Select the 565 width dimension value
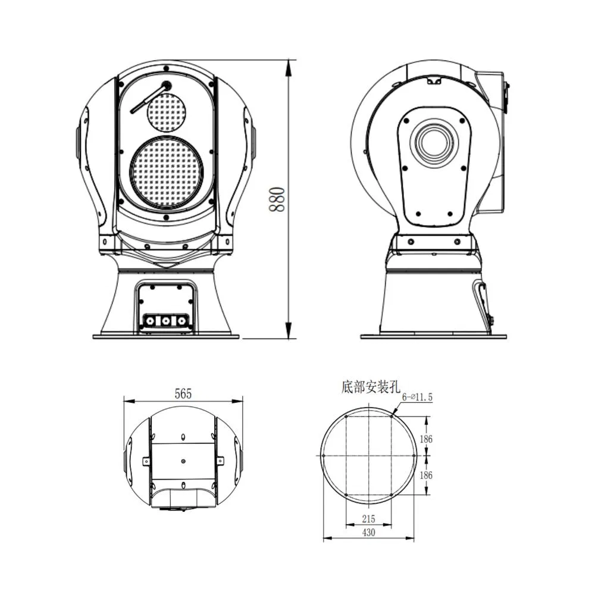coord(183,393)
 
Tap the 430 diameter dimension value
coord(368,533)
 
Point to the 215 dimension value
coord(368,519)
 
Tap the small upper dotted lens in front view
coord(167,112)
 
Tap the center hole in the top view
coord(183,461)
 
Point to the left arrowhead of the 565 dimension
coord(127,400)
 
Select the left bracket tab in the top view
coord(146,461)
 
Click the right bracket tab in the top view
coord(220,461)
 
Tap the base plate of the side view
coord(434,336)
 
